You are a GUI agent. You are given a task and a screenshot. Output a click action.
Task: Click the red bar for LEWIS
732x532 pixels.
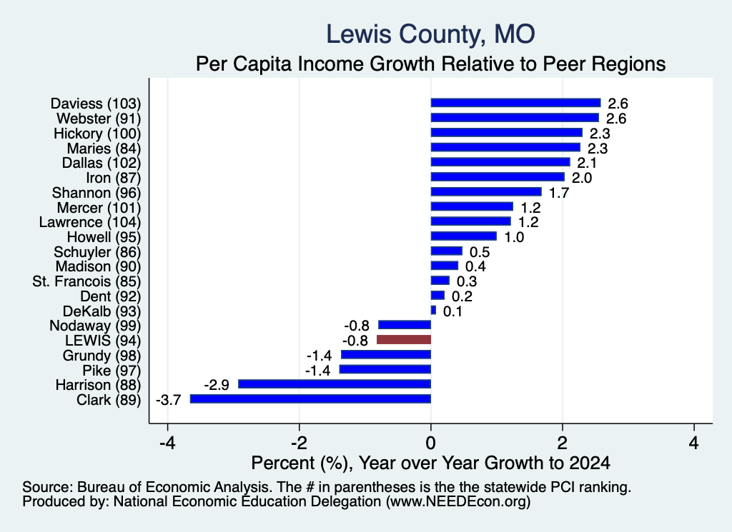tap(404, 339)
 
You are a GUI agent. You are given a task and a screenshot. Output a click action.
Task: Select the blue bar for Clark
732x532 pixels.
tap(310, 398)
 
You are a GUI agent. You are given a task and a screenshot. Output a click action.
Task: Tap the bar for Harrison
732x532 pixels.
tap(335, 383)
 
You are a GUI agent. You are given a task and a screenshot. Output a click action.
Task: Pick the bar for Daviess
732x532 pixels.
tap(516, 103)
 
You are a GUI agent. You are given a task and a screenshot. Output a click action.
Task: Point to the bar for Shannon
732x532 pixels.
tap(486, 191)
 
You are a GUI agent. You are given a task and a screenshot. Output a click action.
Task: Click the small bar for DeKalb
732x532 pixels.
tap(433, 310)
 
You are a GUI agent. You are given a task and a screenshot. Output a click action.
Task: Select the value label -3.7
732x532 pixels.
tap(168, 400)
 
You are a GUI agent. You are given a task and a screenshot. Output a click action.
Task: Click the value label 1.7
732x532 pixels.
tap(559, 193)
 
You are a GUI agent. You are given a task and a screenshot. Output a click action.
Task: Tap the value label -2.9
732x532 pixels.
tap(217, 385)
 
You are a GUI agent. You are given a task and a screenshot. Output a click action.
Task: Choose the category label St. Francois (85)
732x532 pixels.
tap(86, 281)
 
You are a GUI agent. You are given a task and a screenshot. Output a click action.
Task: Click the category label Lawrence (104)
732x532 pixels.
tap(89, 222)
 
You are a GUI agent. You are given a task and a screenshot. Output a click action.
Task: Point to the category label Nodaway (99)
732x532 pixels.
tap(95, 326)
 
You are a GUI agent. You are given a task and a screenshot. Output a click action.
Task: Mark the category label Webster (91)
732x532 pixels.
tap(99, 119)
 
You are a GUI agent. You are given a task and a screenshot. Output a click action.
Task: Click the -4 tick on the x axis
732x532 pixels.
tap(167, 442)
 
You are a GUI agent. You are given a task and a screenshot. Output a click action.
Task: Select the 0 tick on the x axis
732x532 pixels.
tap(431, 442)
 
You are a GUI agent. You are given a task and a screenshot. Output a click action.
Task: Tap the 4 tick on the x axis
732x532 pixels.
tap(694, 442)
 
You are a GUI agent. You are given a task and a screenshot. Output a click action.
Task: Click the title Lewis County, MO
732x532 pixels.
tap(430, 34)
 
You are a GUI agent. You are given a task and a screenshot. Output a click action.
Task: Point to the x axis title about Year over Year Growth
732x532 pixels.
tap(431, 463)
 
